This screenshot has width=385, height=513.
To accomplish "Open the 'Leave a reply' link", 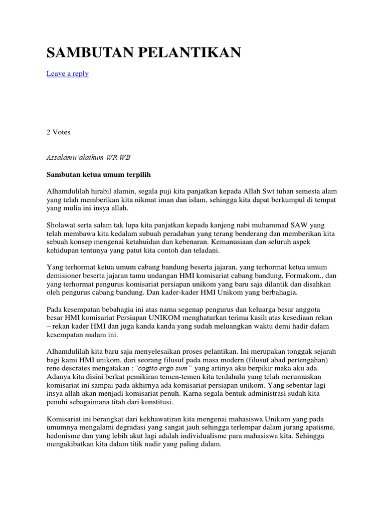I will click(68, 74).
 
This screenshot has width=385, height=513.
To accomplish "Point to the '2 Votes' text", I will click(59, 132).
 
